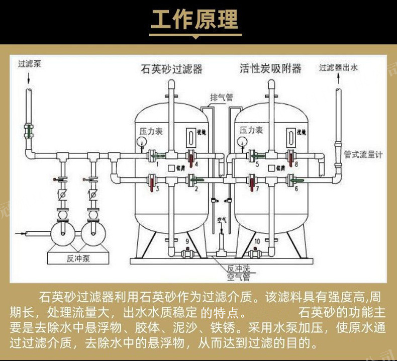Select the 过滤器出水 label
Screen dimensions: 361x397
[x=338, y=67]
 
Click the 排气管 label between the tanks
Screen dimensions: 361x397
[x=221, y=97]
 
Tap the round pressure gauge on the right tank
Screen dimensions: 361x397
[x=244, y=141]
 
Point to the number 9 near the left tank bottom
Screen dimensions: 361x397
[x=187, y=242]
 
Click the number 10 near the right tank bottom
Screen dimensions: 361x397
[x=257, y=242]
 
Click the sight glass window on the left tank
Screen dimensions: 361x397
[x=191, y=137]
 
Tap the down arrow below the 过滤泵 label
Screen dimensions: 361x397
[x=29, y=78]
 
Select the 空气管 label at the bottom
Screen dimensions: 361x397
[x=238, y=277]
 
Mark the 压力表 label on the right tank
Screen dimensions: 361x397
[x=251, y=130]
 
